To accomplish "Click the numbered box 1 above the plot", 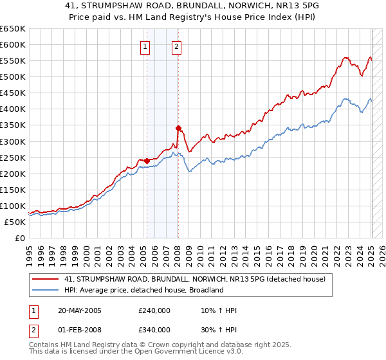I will click(145, 46).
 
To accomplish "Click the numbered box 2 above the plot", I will click(176, 46).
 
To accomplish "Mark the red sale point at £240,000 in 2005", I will click(147, 160).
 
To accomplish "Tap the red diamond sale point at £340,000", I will click(178, 128).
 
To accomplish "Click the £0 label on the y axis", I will click(21, 238).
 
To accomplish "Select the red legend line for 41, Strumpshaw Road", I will click(44, 279).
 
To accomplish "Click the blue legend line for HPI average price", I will click(44, 290).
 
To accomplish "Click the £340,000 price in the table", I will click(154, 330).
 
